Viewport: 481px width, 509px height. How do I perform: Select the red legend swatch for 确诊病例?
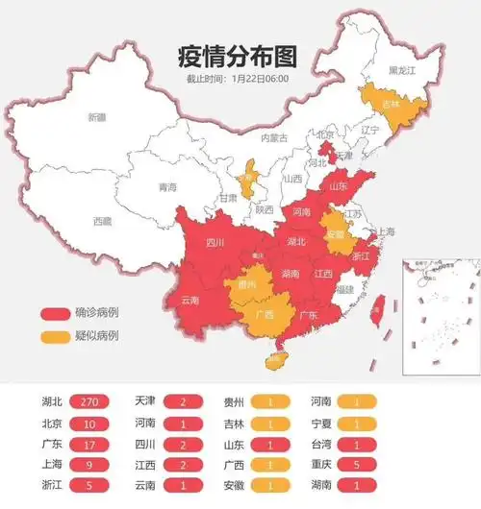tap(55, 313)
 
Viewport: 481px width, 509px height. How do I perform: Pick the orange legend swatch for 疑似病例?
tap(55, 335)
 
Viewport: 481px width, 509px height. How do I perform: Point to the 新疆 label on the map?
tap(97, 117)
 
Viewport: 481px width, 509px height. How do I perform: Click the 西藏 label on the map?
tap(102, 221)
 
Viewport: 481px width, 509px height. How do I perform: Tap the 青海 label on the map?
tap(167, 187)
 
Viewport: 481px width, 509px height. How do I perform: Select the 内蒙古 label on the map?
tap(274, 137)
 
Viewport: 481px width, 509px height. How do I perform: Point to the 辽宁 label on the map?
tap(370, 128)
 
